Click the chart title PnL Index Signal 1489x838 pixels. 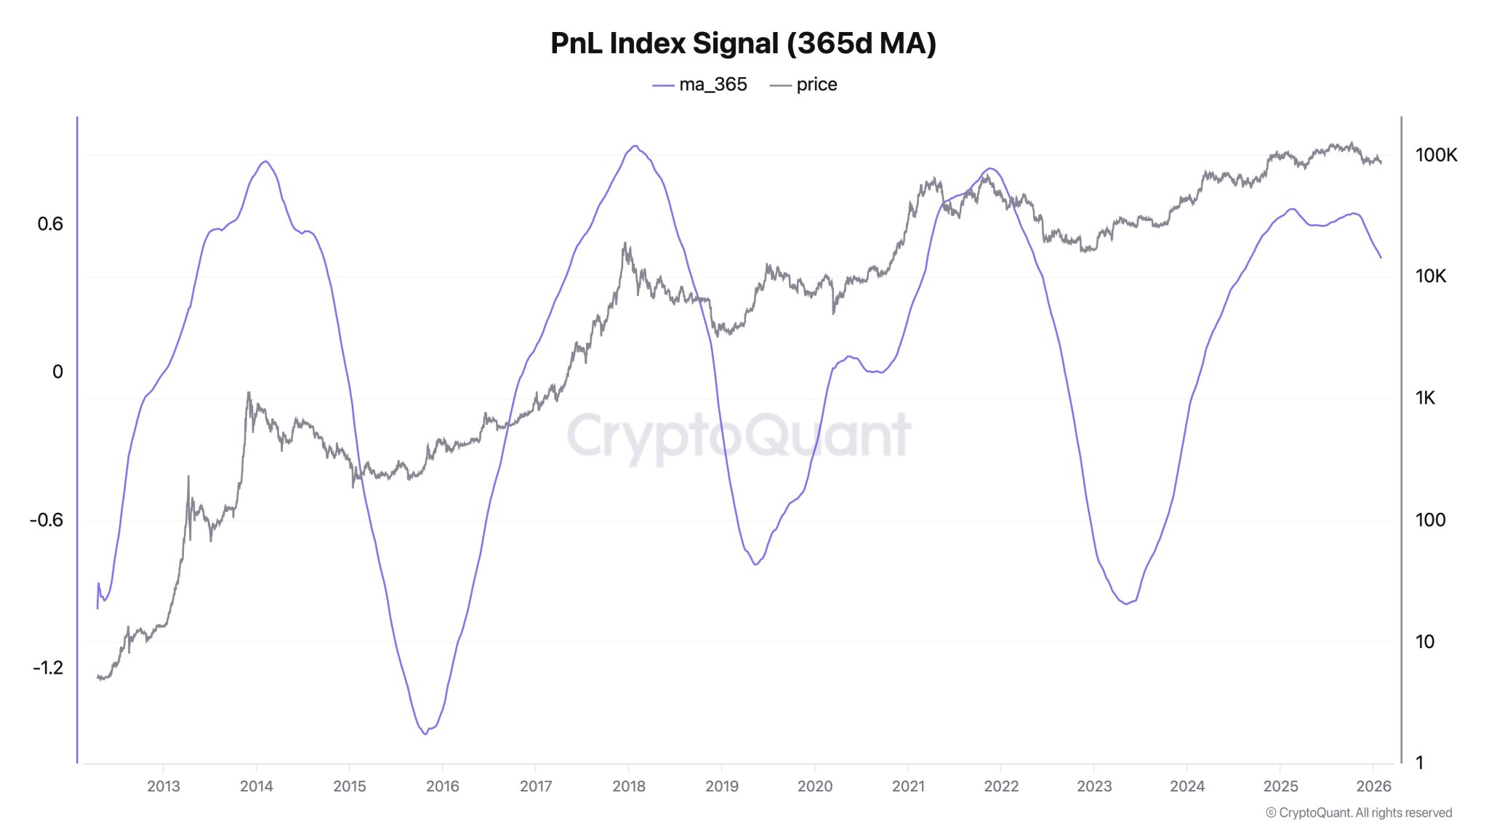click(x=743, y=44)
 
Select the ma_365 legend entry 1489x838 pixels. click(x=700, y=85)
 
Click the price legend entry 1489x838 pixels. click(x=803, y=85)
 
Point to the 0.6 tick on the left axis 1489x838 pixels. click(x=50, y=224)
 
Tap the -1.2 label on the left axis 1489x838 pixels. click(x=48, y=668)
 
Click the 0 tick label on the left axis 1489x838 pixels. click(x=58, y=372)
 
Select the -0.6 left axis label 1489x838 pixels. click(x=47, y=520)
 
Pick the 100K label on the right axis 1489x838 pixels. click(x=1436, y=155)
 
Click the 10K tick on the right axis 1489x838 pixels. click(x=1430, y=276)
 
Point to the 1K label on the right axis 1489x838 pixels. click(x=1425, y=398)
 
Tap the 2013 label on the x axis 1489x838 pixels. click(x=163, y=786)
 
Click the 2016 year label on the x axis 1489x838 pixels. click(x=442, y=786)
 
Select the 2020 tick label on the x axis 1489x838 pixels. click(x=814, y=786)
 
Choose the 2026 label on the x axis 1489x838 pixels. click(x=1373, y=786)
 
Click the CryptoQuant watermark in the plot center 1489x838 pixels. click(x=739, y=436)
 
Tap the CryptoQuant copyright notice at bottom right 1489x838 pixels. click(x=1358, y=813)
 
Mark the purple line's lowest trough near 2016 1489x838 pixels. click(x=425, y=733)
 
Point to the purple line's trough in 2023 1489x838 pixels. click(x=1126, y=604)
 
